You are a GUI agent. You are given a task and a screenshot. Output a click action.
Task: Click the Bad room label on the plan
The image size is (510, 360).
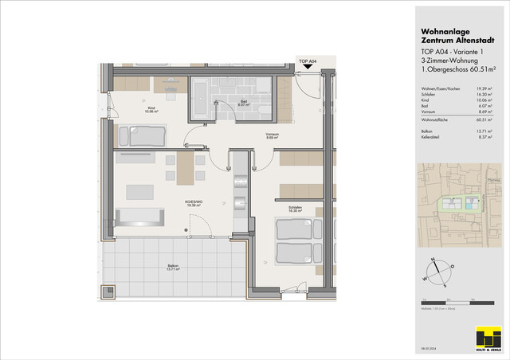243,102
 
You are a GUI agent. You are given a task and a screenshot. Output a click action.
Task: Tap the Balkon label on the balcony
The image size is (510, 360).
173,268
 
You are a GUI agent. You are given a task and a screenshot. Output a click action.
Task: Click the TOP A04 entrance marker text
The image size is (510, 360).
308,61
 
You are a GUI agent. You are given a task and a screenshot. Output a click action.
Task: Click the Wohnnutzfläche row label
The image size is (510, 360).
437,119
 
